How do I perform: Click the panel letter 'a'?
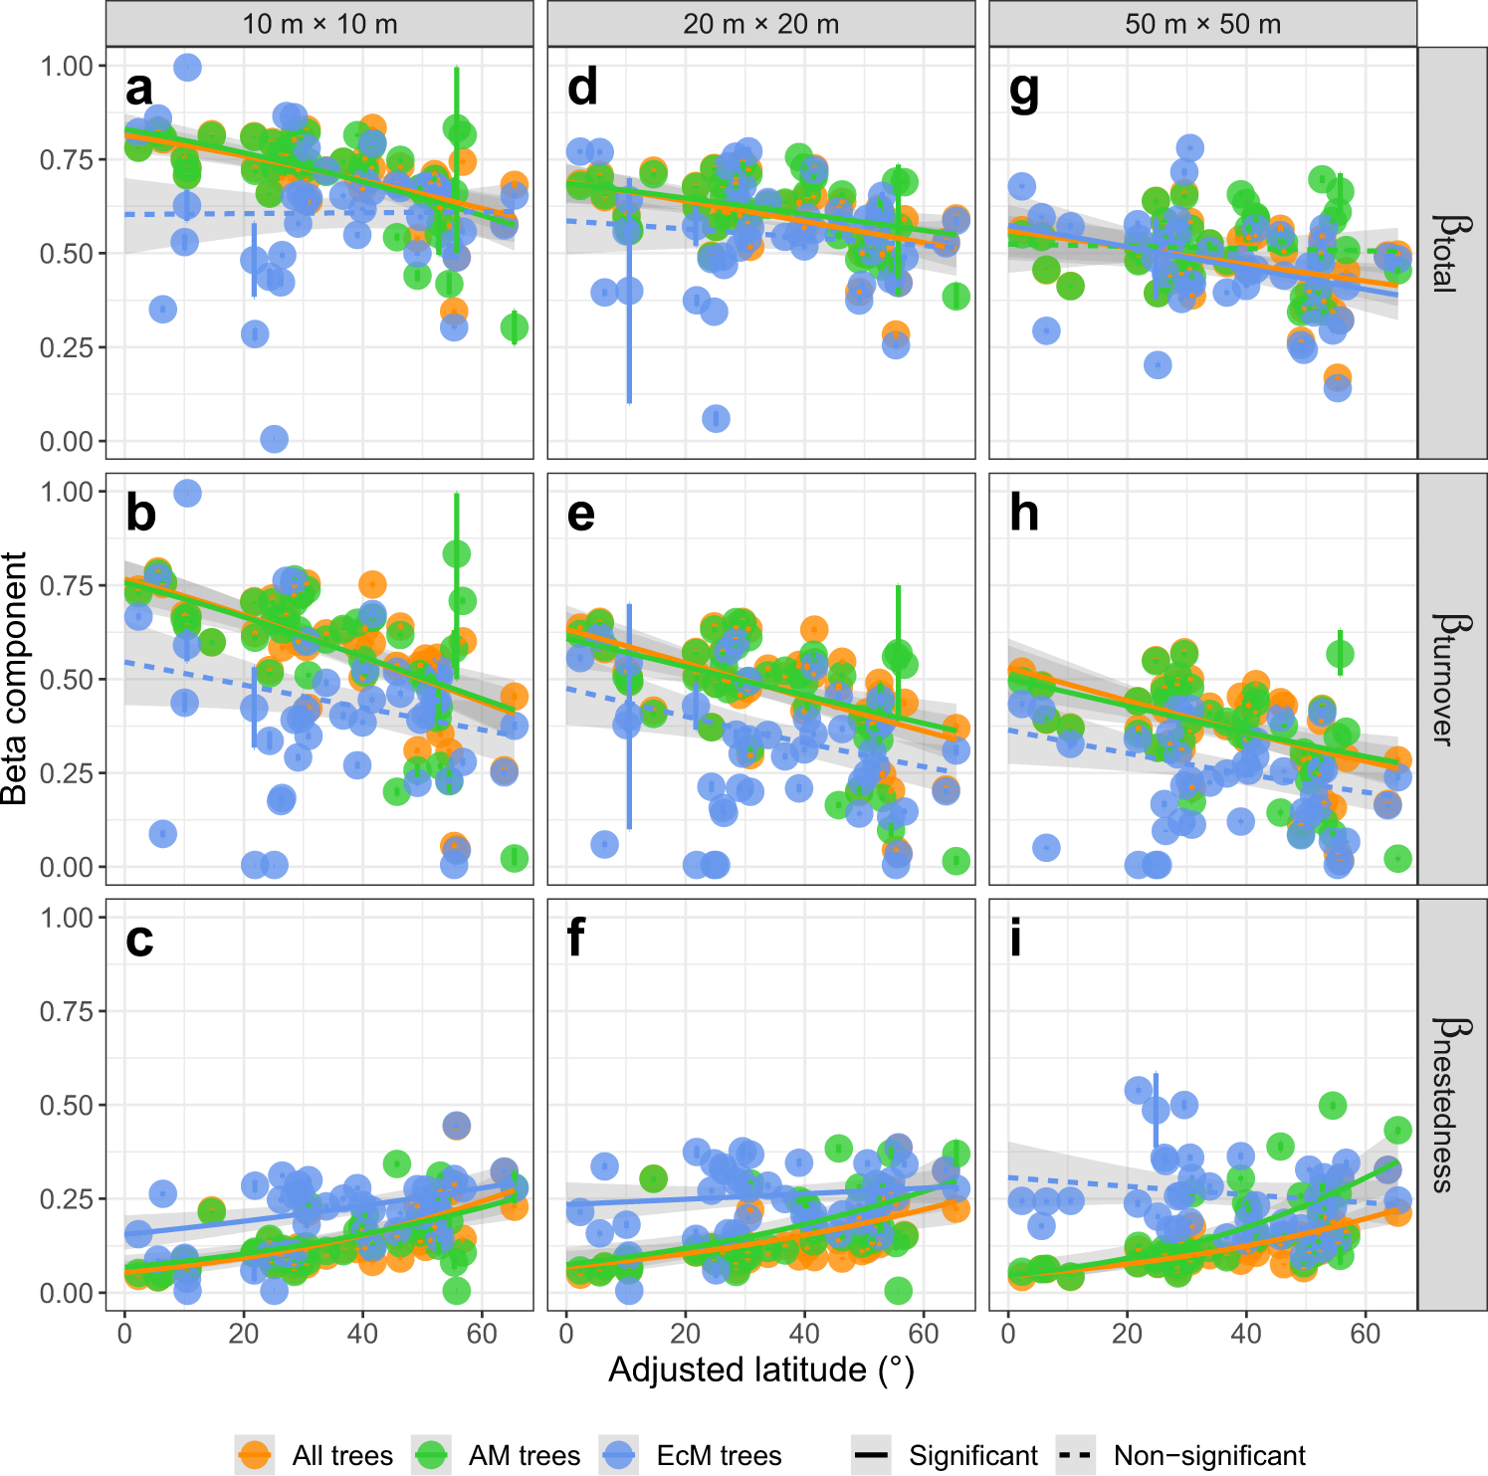coord(139,90)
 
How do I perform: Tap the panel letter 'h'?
coord(1023,515)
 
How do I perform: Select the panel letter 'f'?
coord(575,939)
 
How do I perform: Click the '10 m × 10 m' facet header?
coord(319,24)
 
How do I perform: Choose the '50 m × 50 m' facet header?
coord(1202,24)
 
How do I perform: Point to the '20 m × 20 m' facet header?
coord(760,24)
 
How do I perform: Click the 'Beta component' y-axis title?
coord(16,679)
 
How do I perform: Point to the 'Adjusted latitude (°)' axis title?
coord(760,1371)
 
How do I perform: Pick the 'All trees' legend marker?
coord(255,1455)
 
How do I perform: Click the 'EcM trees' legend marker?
coord(619,1455)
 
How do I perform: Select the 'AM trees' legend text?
coord(524,1456)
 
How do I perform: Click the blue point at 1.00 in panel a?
coord(187,67)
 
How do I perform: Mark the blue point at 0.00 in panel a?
coord(274,439)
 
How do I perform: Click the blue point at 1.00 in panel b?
coord(187,493)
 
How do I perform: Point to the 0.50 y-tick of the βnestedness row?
coord(67,1105)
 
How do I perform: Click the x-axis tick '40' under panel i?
coord(1246,1334)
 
